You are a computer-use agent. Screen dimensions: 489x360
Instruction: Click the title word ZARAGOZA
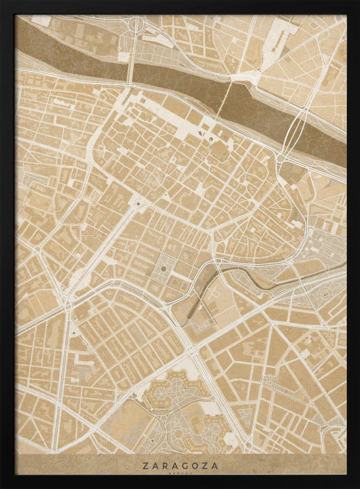coord(180,466)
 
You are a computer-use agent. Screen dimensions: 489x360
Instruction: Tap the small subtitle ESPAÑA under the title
coord(180,473)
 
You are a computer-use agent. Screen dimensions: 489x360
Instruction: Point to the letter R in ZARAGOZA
coord(162,466)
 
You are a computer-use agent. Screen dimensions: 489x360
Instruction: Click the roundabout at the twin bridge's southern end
coord(280,158)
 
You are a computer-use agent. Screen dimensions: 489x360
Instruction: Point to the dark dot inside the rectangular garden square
coord(163,268)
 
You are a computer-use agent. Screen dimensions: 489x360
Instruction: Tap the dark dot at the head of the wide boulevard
coord(138,203)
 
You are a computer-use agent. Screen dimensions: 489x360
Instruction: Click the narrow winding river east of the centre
coord(254,279)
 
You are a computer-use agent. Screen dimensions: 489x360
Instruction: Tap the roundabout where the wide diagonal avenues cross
coord(191,350)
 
